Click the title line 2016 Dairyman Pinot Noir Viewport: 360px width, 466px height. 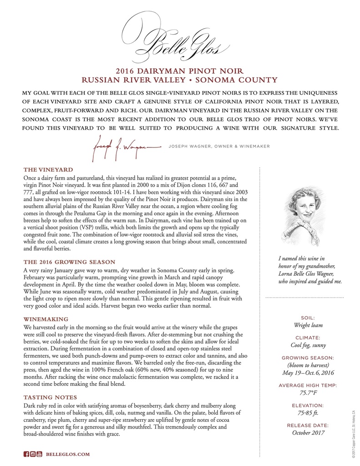(x=180, y=71)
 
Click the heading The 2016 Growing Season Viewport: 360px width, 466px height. (x=68, y=262)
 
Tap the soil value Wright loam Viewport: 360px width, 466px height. (x=309, y=325)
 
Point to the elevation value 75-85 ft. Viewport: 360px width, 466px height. (x=309, y=414)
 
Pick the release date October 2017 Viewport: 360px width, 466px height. (x=309, y=433)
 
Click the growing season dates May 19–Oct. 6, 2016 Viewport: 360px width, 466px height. (x=309, y=374)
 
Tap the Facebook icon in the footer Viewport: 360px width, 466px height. (x=26, y=454)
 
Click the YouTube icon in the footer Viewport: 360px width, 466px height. (x=39, y=454)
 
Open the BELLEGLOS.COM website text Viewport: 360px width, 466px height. (x=68, y=454)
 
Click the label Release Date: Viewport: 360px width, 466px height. (x=309, y=425)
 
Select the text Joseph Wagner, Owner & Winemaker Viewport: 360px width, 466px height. (x=219, y=146)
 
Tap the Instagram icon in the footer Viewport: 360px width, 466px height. (x=32, y=454)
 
